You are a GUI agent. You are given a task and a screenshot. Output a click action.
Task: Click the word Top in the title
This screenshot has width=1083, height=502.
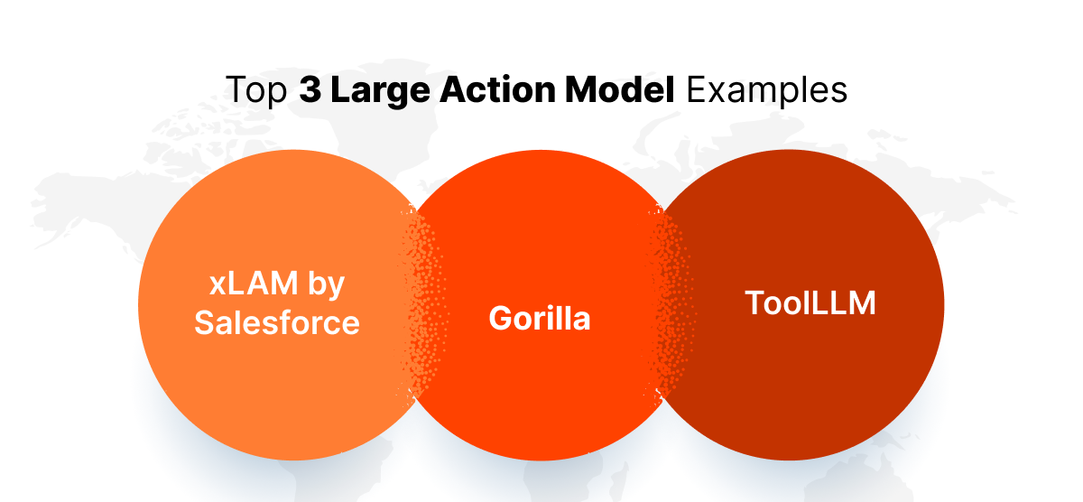coord(255,92)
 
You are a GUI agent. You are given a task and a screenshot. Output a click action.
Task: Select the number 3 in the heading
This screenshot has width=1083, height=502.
coord(309,92)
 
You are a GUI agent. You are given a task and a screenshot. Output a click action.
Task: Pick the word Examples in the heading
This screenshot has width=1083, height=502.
coord(766,92)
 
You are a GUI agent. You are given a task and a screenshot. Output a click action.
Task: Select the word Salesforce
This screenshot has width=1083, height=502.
coord(277,321)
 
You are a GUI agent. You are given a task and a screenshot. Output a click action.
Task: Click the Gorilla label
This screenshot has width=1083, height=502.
coord(540,318)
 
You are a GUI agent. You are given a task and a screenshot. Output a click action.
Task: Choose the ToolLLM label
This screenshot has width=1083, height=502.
coord(810,302)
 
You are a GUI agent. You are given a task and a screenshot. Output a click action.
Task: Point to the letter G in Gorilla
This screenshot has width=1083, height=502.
coord(501,318)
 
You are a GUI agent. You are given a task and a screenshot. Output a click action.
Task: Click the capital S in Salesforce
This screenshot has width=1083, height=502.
coord(204,321)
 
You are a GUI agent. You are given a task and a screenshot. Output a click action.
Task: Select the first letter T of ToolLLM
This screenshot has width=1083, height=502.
coord(754,302)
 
